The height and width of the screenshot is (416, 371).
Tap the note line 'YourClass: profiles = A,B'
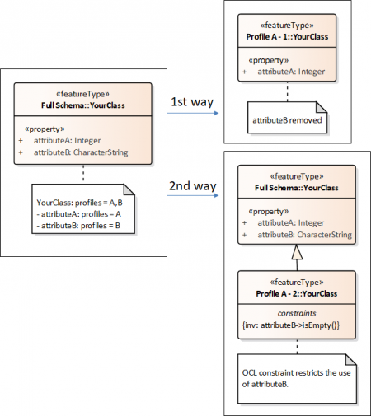(77, 202)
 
